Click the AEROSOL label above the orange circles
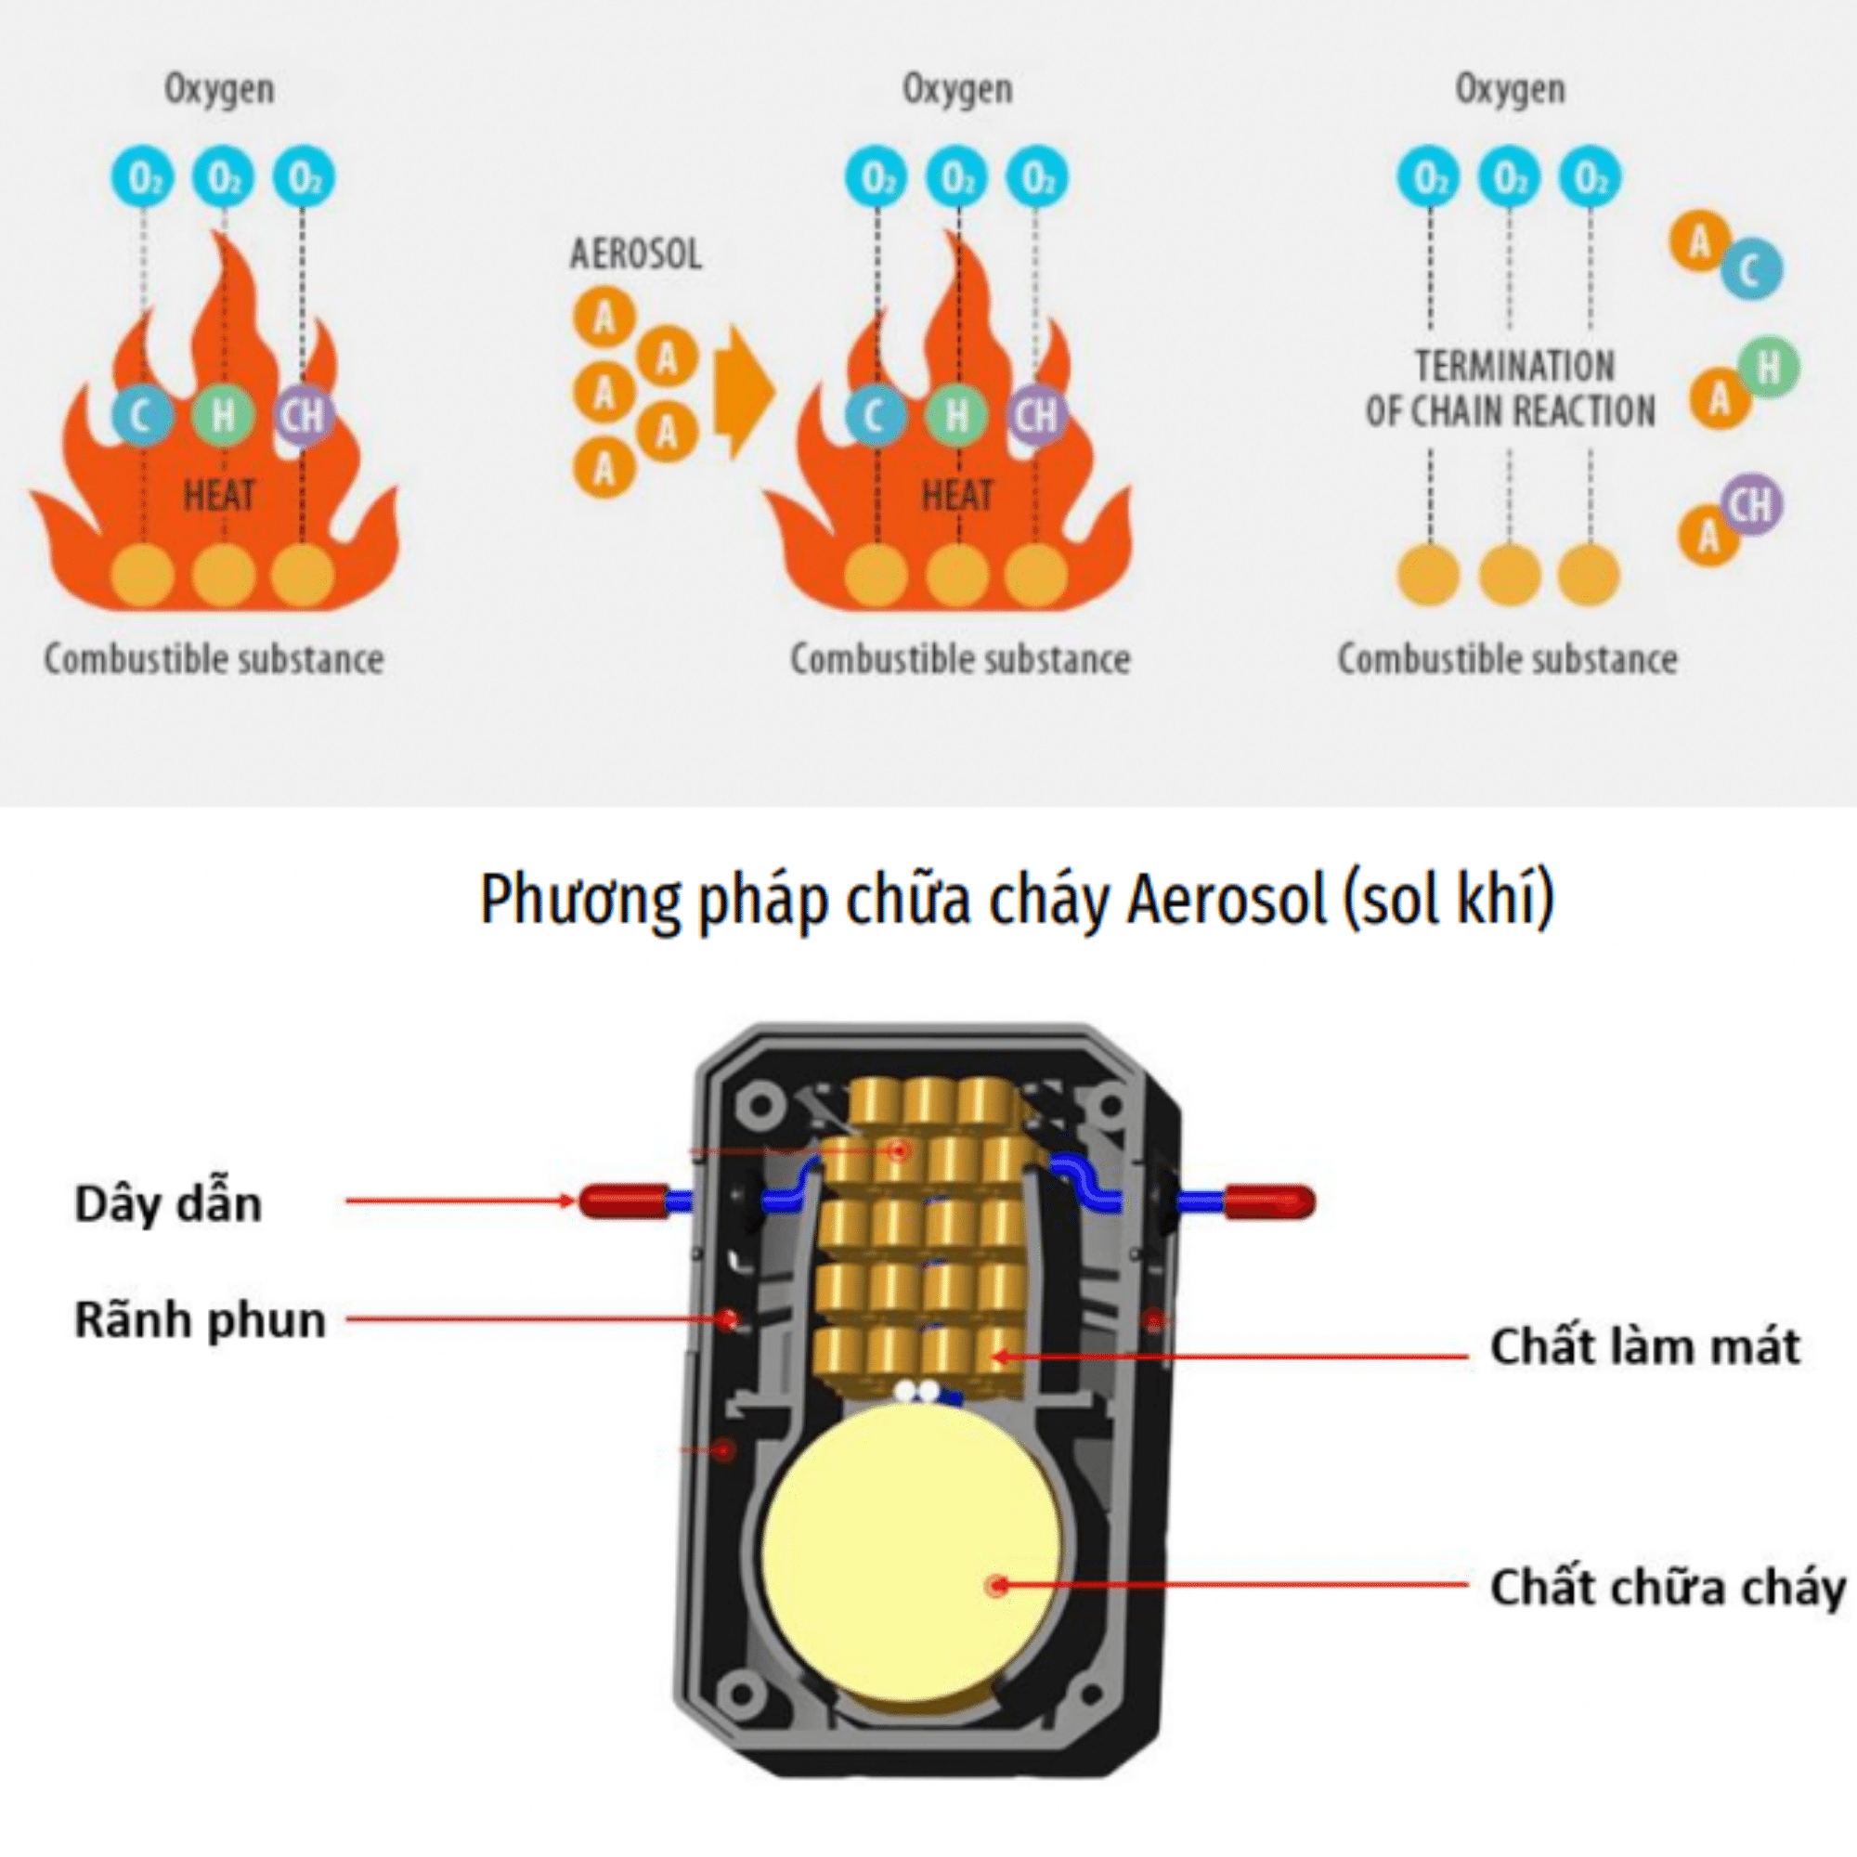tap(635, 254)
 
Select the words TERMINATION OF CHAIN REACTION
tap(1511, 388)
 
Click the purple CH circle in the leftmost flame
tap(304, 415)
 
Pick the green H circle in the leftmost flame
tap(223, 415)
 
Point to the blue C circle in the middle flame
tap(875, 415)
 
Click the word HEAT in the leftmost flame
tap(219, 496)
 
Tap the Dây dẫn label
tap(168, 1203)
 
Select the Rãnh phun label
tap(200, 1319)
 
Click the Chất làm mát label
tap(1644, 1346)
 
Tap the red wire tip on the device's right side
tap(1268, 1201)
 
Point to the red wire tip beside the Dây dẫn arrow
tap(623, 1201)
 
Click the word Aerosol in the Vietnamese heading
tap(1226, 900)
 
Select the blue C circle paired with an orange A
tap(1751, 269)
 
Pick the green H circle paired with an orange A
tap(1769, 367)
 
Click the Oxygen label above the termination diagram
tap(1510, 89)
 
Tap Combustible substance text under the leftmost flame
tap(214, 659)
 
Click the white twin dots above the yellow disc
tap(917, 1391)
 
